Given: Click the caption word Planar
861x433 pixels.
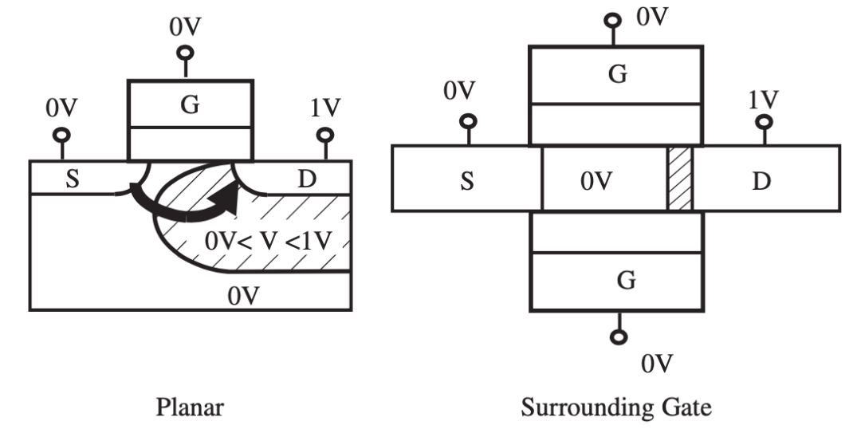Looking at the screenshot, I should (x=189, y=408).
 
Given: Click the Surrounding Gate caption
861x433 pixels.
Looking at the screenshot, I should (x=616, y=408).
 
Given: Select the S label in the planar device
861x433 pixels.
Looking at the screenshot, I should (x=72, y=179).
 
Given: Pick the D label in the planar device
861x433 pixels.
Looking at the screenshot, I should (x=305, y=179).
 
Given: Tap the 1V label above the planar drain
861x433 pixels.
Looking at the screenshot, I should (x=325, y=108).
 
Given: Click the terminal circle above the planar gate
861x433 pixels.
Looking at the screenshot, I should (x=186, y=53).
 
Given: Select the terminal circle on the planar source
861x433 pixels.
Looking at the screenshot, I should (x=61, y=135).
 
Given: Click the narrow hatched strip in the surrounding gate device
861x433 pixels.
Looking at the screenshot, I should (x=680, y=179).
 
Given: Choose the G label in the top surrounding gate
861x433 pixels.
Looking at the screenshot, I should (x=617, y=74).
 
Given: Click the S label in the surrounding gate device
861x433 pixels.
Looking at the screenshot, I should (x=467, y=181).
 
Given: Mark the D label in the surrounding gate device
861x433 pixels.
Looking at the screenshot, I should (x=762, y=181).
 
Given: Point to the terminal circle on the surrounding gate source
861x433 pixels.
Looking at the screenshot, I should (x=469, y=121).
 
